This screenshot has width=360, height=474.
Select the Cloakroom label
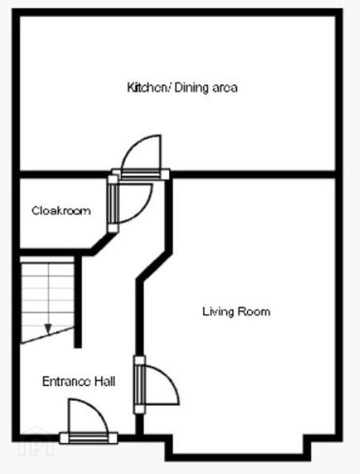click(x=61, y=210)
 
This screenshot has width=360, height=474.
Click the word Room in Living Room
click(x=254, y=311)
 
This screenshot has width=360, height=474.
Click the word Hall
click(x=105, y=381)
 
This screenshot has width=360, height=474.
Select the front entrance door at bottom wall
click(x=88, y=438)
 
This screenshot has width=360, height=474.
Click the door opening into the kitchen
click(x=141, y=175)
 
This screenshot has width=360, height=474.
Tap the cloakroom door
click(x=113, y=204)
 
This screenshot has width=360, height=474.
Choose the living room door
click(x=140, y=385)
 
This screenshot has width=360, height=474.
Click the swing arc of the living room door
click(x=169, y=378)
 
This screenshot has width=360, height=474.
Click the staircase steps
click(x=47, y=300)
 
